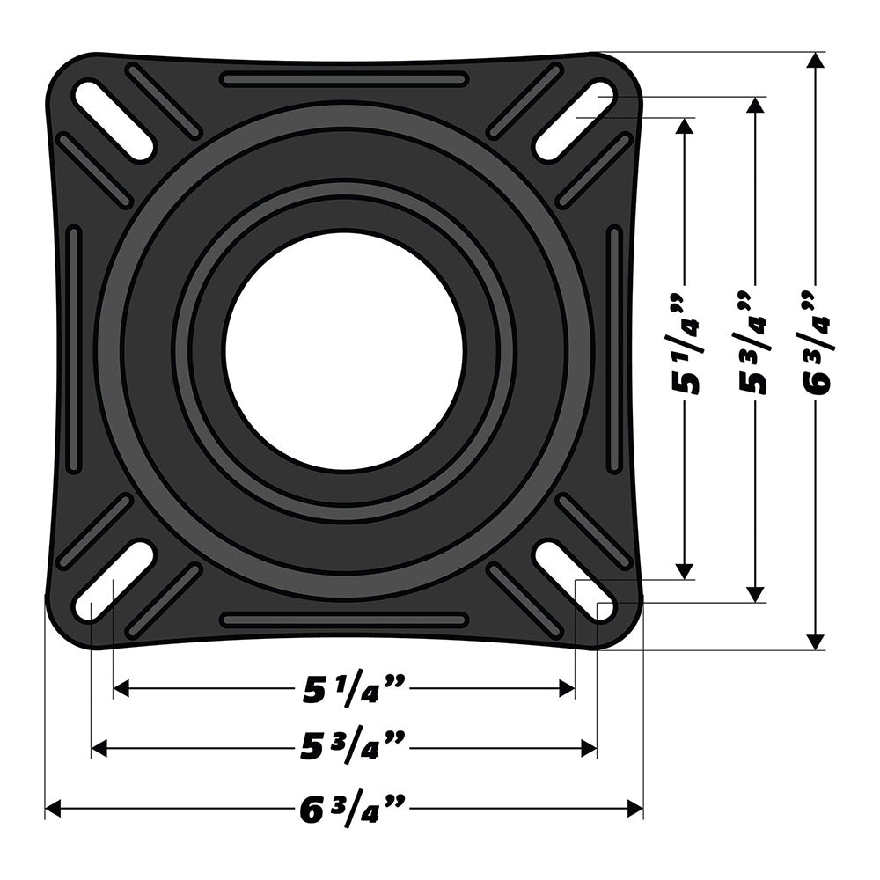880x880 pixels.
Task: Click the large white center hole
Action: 344,351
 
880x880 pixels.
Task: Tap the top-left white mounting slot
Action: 114,121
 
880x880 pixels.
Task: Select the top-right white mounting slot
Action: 575,121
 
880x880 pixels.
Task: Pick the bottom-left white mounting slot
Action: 114,582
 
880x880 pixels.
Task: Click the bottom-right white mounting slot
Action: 575,582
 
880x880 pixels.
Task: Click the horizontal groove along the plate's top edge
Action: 344,79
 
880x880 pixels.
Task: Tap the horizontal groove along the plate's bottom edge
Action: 344,620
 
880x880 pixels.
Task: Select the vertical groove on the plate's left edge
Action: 74,349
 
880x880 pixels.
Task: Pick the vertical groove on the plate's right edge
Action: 614,349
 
